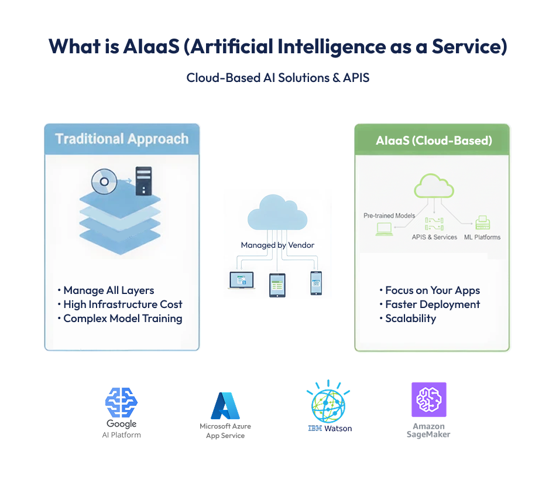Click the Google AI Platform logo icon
click(121, 402)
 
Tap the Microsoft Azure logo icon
click(225, 406)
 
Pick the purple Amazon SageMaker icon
click(428, 400)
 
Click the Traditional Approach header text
click(122, 139)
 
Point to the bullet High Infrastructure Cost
click(122, 304)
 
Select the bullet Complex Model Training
click(122, 319)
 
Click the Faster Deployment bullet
click(432, 304)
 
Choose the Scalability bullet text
click(410, 319)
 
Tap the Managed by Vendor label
click(277, 245)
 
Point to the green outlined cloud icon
click(434, 186)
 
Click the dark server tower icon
click(143, 181)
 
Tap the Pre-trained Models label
click(389, 215)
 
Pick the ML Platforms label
click(482, 237)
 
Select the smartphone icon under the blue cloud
click(316, 283)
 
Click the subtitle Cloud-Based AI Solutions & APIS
click(278, 77)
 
